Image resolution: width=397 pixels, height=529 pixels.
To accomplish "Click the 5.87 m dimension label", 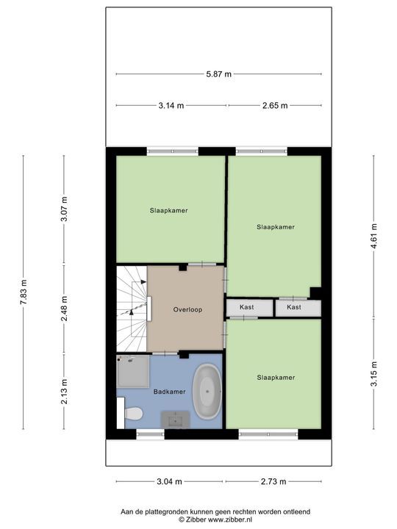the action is [x=219, y=74].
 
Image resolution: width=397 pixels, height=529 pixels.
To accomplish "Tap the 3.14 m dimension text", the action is [x=171, y=106].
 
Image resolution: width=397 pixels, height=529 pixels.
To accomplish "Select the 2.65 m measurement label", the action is [x=275, y=106].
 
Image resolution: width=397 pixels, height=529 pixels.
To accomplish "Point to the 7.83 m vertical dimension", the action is [x=24, y=292].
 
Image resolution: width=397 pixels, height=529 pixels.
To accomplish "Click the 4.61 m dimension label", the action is [x=373, y=236].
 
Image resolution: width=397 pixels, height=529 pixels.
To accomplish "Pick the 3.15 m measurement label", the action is [x=373, y=374].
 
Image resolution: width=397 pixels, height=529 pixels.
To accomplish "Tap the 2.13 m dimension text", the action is [x=64, y=392].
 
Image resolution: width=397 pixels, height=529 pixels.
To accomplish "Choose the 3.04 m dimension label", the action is [x=169, y=481].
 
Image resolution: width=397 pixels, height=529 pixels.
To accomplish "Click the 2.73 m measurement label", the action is [x=273, y=481].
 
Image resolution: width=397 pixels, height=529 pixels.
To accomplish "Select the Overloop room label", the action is [x=187, y=310].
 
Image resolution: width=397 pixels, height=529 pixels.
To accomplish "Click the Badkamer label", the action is [x=170, y=392].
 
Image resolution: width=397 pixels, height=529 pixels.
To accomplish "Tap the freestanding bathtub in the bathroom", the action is [x=207, y=392].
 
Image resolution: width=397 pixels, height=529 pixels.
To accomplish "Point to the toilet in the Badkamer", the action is [x=133, y=413].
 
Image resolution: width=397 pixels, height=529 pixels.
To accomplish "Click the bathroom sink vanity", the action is [x=175, y=420].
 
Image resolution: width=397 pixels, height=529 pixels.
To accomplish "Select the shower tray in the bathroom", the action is [x=132, y=371].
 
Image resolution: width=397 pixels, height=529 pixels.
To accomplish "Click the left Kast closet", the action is [x=249, y=308].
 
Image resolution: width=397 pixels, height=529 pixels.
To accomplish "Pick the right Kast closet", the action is [x=298, y=308].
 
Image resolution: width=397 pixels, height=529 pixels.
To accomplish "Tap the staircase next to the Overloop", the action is [x=132, y=309].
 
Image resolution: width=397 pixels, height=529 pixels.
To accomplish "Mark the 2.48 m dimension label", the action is [x=64, y=309].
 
